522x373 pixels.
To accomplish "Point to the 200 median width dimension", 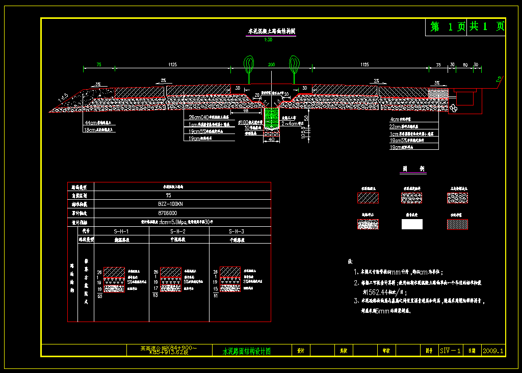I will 271,65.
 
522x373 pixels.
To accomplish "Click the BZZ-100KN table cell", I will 168,203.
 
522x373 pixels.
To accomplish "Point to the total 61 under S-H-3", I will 216,295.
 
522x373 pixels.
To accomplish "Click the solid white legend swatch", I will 412,224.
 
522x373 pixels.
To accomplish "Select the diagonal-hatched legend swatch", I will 368,198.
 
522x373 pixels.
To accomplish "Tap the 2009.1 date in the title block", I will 493,351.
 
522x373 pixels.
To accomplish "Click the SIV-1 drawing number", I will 450,351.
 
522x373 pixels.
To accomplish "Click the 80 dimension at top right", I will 465,65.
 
